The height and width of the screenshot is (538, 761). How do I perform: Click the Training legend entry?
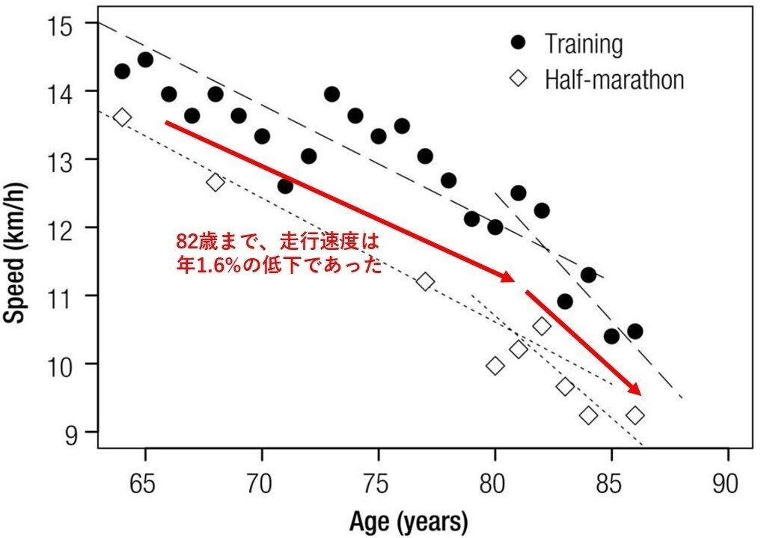569,44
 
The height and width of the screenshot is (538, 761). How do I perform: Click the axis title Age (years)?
408,520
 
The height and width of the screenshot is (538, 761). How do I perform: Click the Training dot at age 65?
145,60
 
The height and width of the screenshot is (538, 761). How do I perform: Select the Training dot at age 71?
285,186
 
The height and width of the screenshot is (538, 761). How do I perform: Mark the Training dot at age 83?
565,302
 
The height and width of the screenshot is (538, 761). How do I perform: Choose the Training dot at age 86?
635,331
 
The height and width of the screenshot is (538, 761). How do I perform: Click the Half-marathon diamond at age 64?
122,117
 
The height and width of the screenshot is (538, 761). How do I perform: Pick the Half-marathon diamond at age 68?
216,182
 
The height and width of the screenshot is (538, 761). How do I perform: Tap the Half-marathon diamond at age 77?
425,281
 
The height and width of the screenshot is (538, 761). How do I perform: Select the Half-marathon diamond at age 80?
495,365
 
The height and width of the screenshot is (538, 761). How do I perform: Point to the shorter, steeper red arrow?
584,342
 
